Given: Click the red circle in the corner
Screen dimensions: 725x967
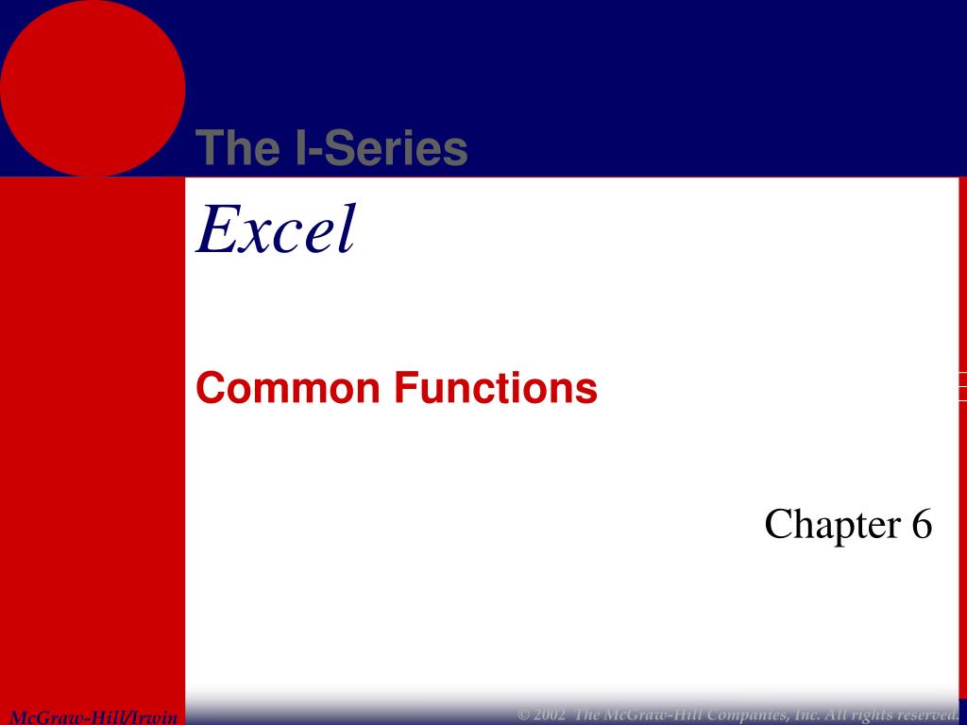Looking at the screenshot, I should [x=92, y=87].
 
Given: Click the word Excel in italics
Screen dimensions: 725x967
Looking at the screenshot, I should [x=276, y=230].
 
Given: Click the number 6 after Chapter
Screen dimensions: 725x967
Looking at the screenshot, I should [x=922, y=525].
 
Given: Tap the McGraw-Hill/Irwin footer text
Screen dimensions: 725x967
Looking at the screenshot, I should [x=93, y=717].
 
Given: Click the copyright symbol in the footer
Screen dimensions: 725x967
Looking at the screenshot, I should [x=524, y=712].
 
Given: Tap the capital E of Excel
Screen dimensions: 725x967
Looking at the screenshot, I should [x=213, y=230].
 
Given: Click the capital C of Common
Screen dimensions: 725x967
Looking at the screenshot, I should [x=211, y=388].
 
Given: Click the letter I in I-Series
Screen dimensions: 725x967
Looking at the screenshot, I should [x=294, y=149].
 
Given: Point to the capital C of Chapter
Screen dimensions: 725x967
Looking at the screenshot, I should [x=777, y=525].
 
